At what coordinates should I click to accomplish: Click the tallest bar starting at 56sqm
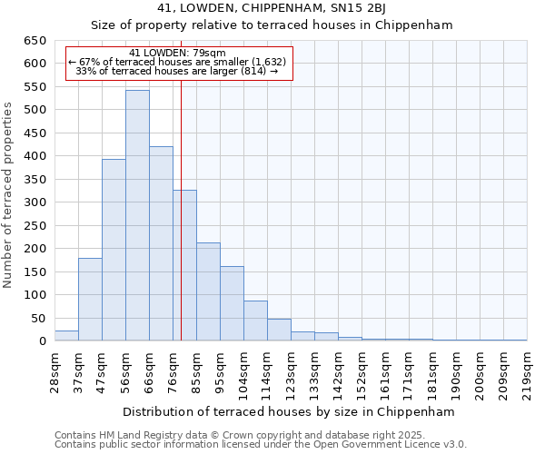pos(137,215)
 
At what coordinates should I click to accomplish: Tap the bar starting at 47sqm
pos(114,250)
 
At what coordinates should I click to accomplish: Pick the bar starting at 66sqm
pos(161,243)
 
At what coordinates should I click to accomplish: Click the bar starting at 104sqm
pos(255,321)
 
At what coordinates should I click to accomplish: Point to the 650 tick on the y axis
pos(35,41)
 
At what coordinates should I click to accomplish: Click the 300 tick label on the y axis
pos(35,202)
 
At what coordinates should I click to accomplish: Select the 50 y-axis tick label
pos(39,319)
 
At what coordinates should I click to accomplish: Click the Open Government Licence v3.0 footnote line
pos(261,445)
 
